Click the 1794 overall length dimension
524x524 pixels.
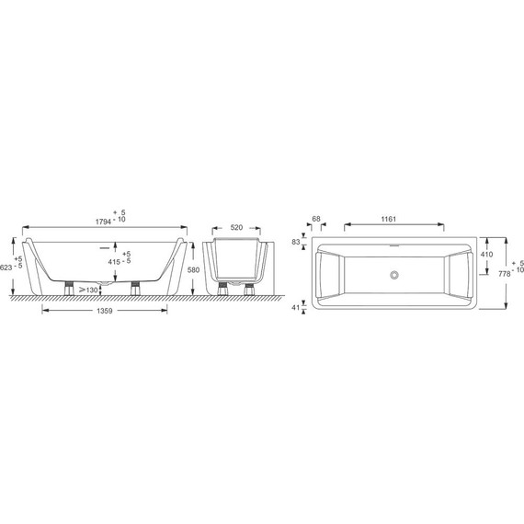pyautogui.click(x=103, y=222)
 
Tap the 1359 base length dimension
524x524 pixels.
pyautogui.click(x=105, y=311)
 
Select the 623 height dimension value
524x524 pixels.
pyautogui.click(x=6, y=268)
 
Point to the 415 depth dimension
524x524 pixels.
pyautogui.click(x=114, y=262)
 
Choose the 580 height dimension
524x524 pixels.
pyautogui.click(x=193, y=269)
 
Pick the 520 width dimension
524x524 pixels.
pyautogui.click(x=236, y=228)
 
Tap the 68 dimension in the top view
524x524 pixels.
pyautogui.click(x=316, y=219)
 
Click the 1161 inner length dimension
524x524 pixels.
pyautogui.click(x=388, y=219)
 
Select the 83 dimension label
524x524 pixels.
pyautogui.click(x=296, y=242)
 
